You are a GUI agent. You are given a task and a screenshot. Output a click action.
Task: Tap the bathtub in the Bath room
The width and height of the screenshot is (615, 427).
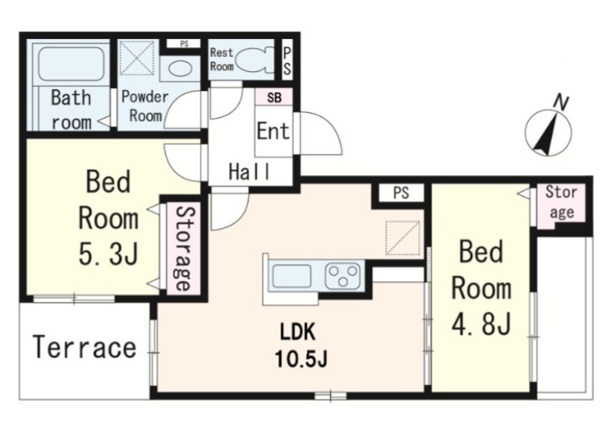click(x=71, y=64)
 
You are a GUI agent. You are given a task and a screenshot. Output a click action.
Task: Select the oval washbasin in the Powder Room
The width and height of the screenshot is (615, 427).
click(x=180, y=68)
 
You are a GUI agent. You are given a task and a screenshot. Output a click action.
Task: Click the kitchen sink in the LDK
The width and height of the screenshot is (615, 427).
click(x=292, y=276)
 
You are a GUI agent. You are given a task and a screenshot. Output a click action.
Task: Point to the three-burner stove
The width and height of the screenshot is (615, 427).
click(x=343, y=276)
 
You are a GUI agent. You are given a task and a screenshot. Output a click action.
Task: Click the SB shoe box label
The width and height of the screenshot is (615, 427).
click(x=274, y=97)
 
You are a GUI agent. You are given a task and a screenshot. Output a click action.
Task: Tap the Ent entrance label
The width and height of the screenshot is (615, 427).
click(x=273, y=131)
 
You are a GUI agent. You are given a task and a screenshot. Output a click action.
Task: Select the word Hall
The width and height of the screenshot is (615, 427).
click(x=249, y=171)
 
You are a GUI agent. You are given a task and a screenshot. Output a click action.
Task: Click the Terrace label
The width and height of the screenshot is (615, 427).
click(x=85, y=347)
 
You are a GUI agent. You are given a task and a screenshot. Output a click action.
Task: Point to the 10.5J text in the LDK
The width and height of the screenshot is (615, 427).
click(x=301, y=359)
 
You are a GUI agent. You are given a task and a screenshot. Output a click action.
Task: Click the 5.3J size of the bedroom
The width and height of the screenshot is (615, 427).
click(x=108, y=254)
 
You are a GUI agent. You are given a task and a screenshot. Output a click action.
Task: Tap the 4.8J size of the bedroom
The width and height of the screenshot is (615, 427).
click(x=481, y=324)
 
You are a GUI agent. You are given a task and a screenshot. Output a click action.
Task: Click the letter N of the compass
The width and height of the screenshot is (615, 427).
click(x=561, y=102)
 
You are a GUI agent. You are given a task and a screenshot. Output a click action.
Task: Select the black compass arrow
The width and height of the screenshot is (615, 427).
click(x=545, y=133)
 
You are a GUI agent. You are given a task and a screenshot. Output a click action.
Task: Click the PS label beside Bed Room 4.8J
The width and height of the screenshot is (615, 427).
click(x=401, y=193)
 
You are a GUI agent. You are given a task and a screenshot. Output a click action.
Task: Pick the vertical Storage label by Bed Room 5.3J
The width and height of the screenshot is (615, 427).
click(x=183, y=248)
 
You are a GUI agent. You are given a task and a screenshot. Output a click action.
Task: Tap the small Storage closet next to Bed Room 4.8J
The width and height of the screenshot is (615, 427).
click(x=560, y=206)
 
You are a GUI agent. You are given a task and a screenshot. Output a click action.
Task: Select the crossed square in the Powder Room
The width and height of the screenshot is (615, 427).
click(x=136, y=58)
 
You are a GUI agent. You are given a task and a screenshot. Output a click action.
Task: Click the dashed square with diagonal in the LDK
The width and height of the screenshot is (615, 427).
click(x=403, y=238)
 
